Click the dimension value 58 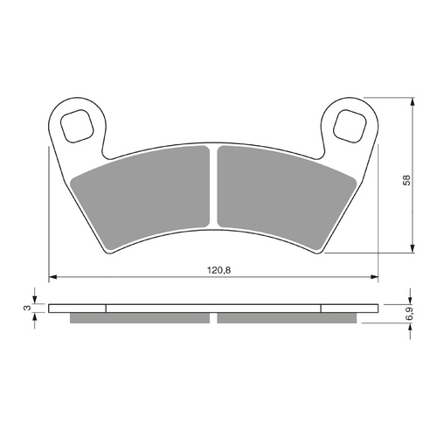404,178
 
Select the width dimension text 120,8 214,270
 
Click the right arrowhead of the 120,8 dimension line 376,279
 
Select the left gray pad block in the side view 140,317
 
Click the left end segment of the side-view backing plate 77,308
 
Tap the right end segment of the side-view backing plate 350,308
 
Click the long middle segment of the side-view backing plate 214,308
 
